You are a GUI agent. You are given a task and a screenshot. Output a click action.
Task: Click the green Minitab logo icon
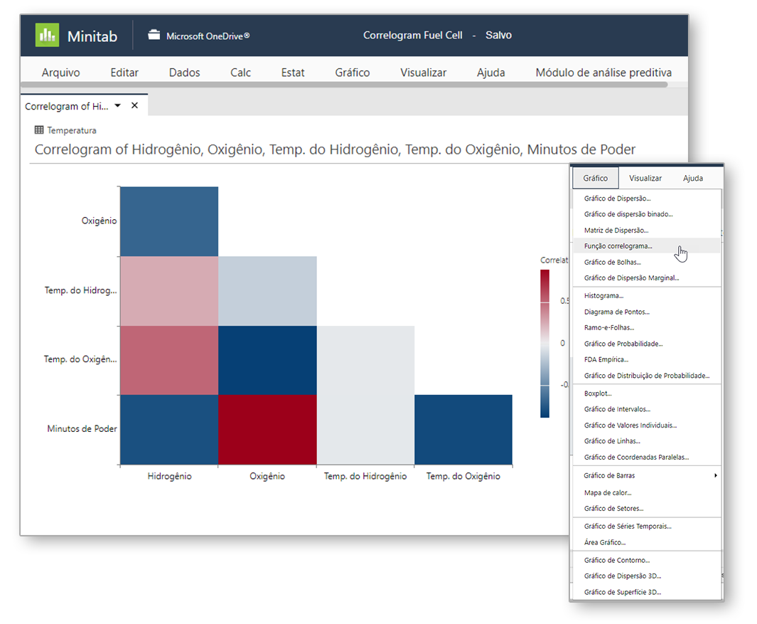coord(47,35)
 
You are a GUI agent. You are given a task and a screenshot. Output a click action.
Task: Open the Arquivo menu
coord(60,73)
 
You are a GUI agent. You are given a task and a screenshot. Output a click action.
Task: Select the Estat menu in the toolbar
coord(293,73)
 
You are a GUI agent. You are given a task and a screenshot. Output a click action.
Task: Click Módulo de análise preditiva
coord(603,73)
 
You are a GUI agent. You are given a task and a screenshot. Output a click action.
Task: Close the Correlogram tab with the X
coord(134,105)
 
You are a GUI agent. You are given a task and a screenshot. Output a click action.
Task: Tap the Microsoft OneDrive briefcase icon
coord(154,35)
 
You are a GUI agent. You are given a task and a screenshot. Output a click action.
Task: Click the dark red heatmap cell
coord(267,430)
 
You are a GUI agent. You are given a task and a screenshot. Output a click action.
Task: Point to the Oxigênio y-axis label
coord(99,221)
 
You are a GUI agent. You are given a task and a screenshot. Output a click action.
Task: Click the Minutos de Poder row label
coord(82,428)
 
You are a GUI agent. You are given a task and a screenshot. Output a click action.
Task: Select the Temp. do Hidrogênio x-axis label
coord(365,476)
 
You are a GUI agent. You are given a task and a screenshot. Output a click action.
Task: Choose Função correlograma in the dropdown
coord(618,246)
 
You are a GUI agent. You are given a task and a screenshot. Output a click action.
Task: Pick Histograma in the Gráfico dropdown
coord(603,295)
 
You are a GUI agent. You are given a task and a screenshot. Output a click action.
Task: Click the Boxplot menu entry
coord(598,393)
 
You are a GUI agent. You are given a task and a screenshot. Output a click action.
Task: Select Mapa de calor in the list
coord(607,492)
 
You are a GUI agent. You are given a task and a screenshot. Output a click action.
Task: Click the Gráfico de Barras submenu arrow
coord(715,475)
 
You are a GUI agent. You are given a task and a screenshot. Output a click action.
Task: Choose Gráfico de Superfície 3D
coord(622,592)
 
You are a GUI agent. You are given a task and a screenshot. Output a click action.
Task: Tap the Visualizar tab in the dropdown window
coord(645,178)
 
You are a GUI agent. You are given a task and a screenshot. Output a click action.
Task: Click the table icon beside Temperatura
coord(39,130)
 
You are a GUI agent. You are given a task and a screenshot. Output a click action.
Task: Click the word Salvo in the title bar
coord(498,35)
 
